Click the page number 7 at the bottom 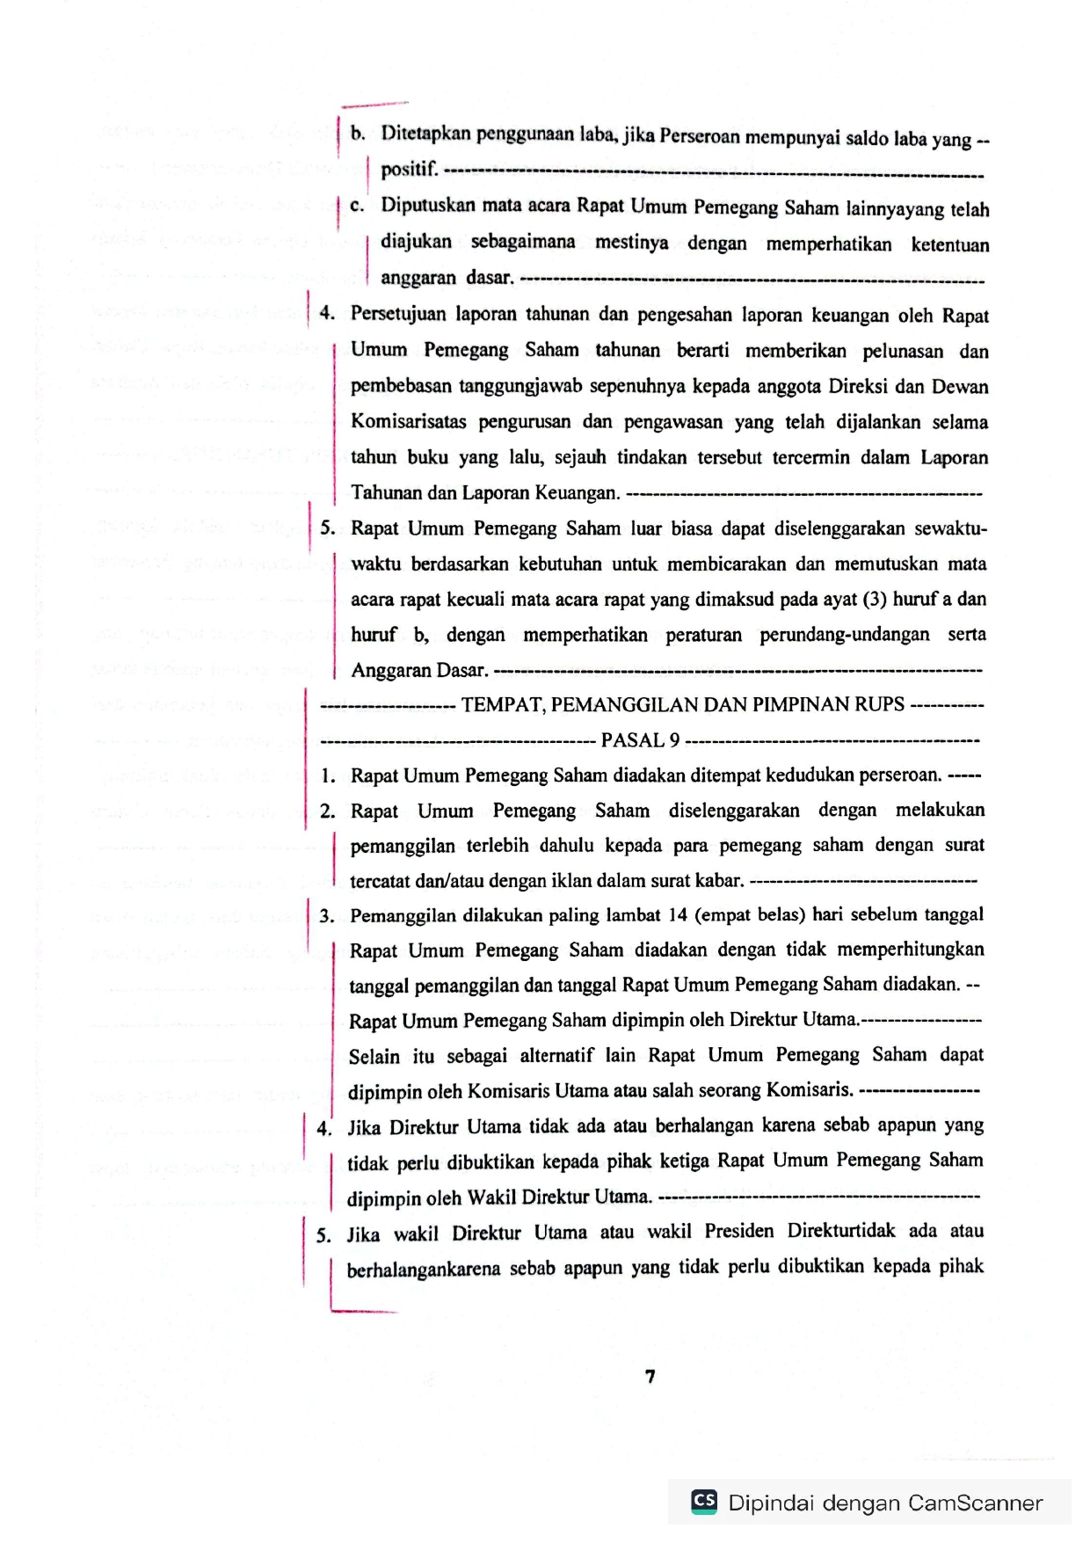click(650, 1376)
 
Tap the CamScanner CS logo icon click(704, 1501)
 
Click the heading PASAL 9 click(640, 740)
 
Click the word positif click(409, 169)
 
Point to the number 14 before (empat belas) click(677, 915)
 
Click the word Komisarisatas click(409, 422)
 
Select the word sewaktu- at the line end click(950, 528)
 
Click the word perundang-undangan click(844, 635)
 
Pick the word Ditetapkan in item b click(426, 135)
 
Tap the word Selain click(374, 1056)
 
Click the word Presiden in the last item click(738, 1231)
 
